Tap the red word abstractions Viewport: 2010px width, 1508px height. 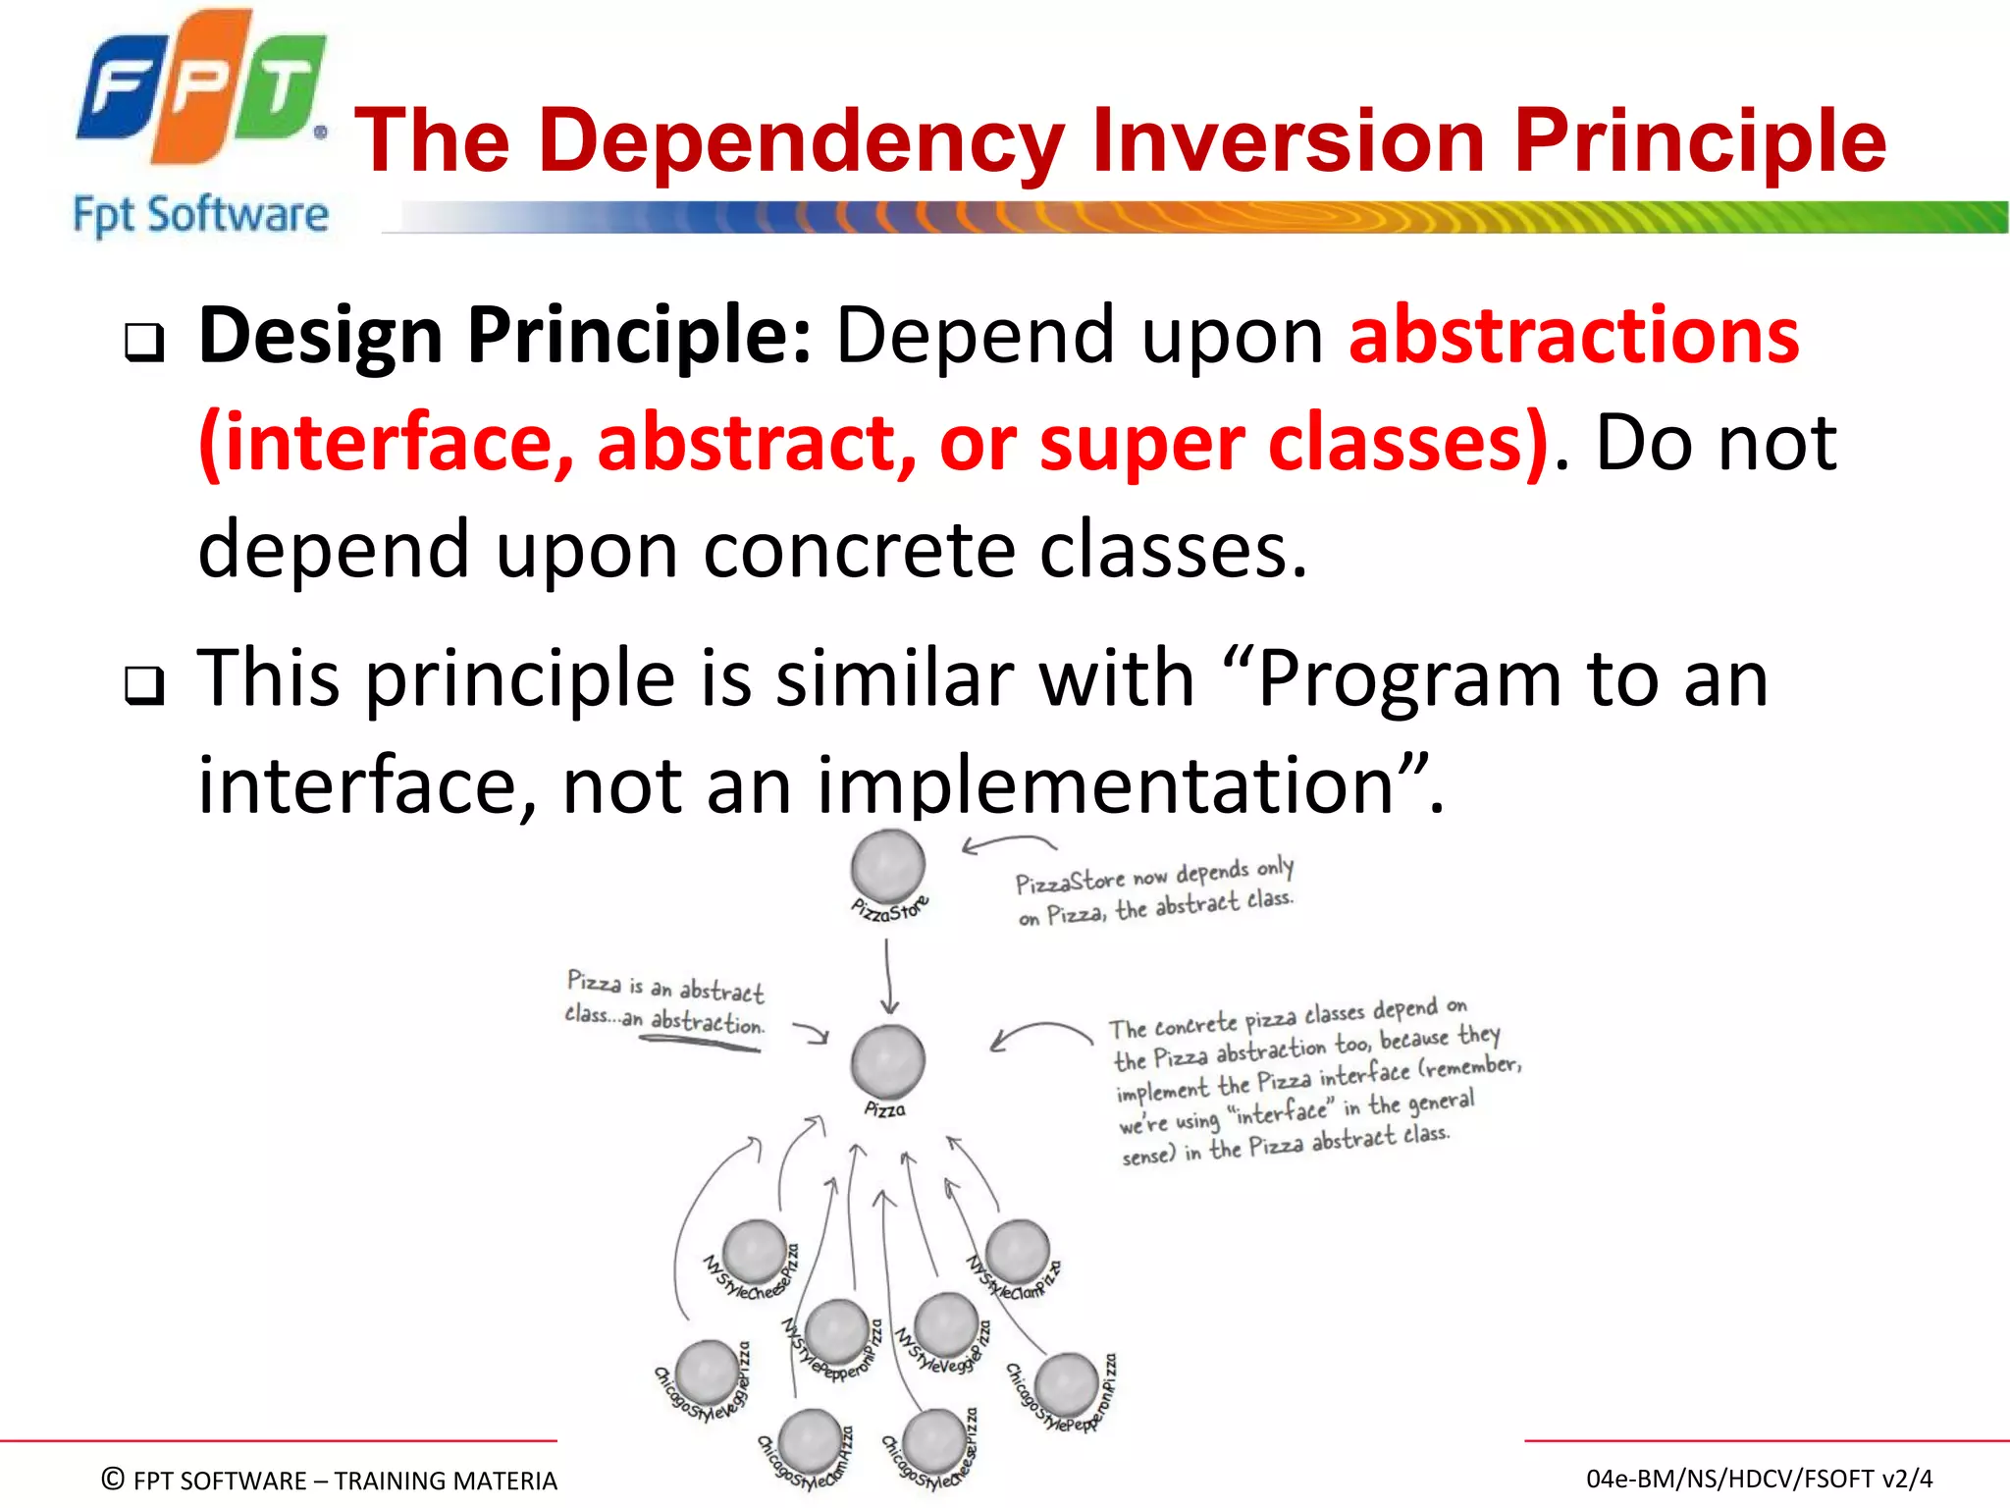1573,336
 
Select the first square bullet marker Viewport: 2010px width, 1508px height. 144,343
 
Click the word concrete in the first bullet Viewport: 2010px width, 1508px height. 859,550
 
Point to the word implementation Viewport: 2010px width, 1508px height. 1105,785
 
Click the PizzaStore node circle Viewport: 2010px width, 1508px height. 887,865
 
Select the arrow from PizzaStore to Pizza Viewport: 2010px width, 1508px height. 888,976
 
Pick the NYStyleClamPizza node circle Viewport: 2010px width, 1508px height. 1017,1251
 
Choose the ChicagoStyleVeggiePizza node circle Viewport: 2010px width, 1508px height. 706,1373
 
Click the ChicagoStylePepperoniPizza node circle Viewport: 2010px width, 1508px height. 1067,1384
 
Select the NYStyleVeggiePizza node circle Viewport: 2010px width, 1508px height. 945,1323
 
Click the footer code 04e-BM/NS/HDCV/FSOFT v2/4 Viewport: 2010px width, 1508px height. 1759,1479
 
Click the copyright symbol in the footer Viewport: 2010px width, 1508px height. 113,1479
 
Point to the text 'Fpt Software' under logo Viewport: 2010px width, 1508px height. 200,215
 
